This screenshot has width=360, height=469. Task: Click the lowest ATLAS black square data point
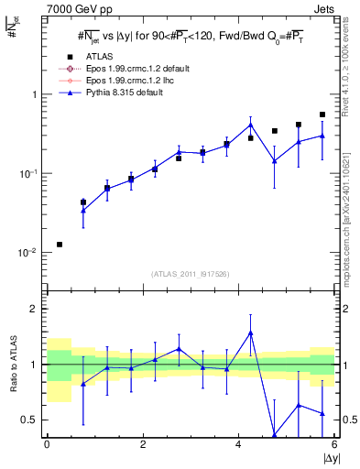click(60, 245)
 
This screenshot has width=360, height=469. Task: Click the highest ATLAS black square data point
click(322, 115)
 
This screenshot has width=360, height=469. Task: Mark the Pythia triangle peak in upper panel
click(250, 125)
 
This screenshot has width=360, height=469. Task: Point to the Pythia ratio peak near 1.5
click(250, 333)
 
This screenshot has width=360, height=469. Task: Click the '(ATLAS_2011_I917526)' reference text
click(191, 273)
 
